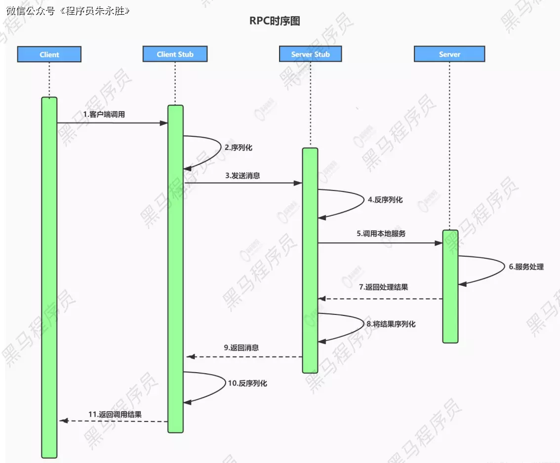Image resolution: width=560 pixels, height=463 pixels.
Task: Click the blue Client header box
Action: click(49, 54)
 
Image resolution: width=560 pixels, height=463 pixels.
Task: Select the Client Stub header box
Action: click(175, 54)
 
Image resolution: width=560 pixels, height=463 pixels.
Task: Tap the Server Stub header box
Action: click(310, 54)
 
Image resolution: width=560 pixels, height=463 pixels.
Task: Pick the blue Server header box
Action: click(449, 54)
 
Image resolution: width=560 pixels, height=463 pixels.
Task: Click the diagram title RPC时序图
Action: click(275, 21)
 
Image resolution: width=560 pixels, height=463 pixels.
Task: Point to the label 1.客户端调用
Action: click(104, 114)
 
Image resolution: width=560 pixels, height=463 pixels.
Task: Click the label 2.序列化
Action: click(239, 147)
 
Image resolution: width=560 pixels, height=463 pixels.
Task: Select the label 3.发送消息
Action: click(242, 175)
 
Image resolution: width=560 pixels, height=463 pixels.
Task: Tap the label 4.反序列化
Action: click(385, 200)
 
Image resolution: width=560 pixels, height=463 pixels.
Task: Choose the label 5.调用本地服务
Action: click(381, 233)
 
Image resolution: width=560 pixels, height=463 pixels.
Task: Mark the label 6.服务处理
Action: click(526, 267)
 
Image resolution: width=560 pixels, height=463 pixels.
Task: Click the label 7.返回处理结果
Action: click(383, 287)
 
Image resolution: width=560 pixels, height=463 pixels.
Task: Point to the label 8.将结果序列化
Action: click(391, 324)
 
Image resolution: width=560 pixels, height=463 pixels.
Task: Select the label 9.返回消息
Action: click(241, 347)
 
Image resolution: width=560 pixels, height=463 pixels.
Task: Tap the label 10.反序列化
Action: click(247, 383)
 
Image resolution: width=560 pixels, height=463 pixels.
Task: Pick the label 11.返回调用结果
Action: click(115, 414)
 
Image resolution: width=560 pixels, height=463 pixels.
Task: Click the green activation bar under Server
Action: click(450, 286)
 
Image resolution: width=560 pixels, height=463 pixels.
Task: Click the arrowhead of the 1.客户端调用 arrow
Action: click(164, 122)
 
